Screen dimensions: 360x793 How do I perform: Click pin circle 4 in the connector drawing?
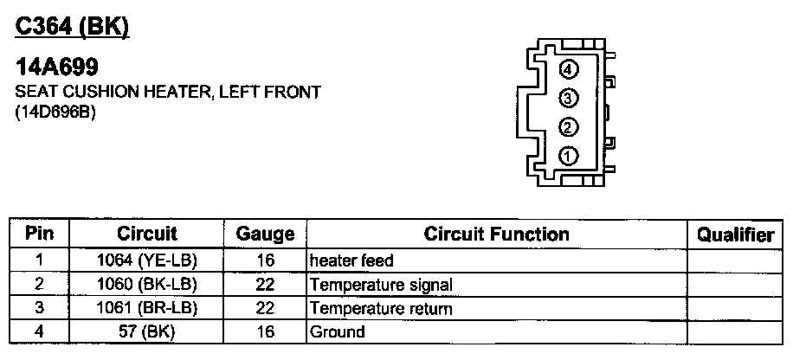(x=568, y=70)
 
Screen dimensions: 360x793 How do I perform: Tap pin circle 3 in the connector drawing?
(x=568, y=98)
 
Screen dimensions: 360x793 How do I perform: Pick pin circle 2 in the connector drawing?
(x=568, y=127)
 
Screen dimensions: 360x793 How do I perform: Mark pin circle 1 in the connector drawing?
(x=568, y=157)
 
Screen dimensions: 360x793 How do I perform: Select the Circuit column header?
(x=147, y=234)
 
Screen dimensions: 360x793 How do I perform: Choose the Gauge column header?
(x=265, y=235)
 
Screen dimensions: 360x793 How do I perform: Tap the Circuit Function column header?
(x=496, y=234)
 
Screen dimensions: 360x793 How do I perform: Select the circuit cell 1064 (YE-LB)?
(x=147, y=260)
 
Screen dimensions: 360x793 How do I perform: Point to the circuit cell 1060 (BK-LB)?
(x=147, y=284)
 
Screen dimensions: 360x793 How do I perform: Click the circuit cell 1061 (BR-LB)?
(x=147, y=308)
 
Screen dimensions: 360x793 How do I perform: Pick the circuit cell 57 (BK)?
(x=147, y=331)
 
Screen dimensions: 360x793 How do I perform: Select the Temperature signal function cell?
(x=381, y=284)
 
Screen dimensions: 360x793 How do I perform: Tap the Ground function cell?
(x=338, y=331)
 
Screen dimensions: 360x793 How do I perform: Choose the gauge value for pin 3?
(x=265, y=308)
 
